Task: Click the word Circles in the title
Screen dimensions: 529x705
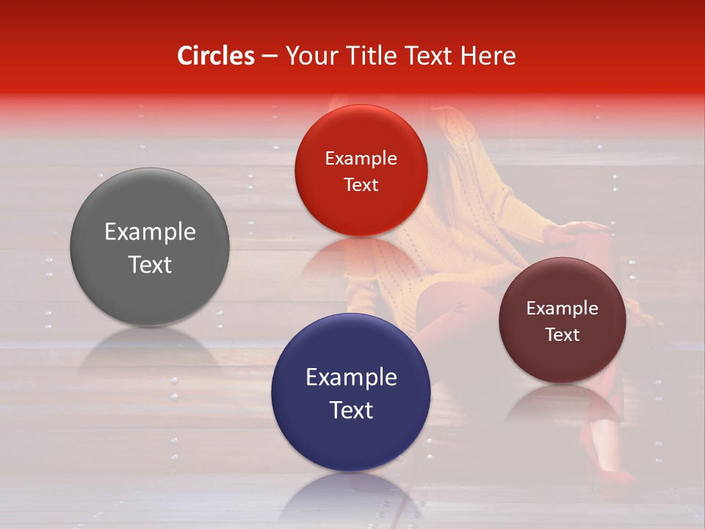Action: pos(216,56)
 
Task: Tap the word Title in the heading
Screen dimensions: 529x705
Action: pos(366,56)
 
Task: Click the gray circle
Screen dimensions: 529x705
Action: pos(150,248)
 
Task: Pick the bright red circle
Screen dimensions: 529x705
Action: pos(361,170)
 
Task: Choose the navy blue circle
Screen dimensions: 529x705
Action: pos(351,392)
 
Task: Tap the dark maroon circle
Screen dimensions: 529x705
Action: pos(562,320)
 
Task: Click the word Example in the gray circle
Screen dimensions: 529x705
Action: pos(150,232)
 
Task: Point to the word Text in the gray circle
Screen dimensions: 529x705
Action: pos(150,264)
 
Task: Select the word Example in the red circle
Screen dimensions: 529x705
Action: pos(361,159)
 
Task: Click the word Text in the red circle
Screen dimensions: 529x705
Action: pos(361,184)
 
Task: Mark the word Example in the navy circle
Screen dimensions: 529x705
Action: pos(351,378)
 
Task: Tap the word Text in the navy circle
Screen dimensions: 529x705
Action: pos(351,410)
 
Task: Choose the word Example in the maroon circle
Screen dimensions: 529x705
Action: pos(562,309)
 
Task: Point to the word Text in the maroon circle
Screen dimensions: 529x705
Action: pos(562,334)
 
